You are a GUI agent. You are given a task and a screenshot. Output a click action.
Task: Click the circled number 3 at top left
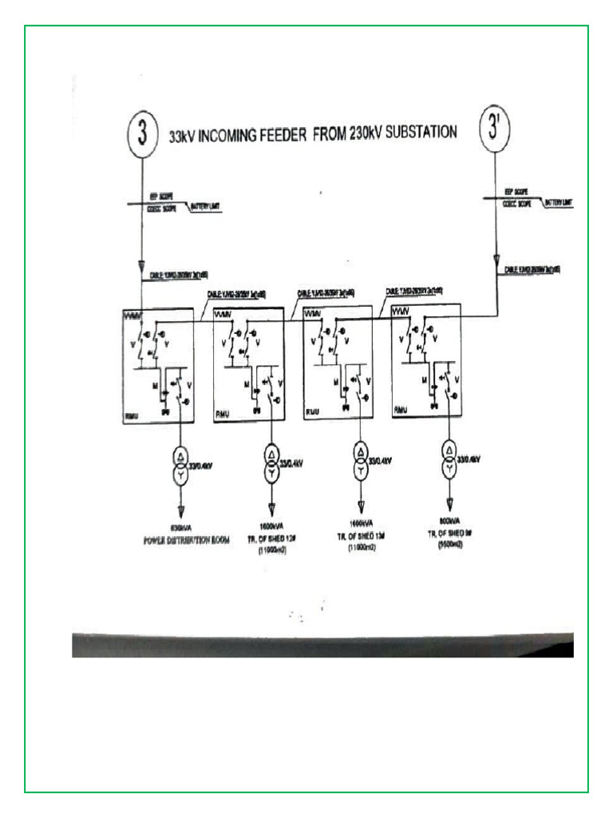[x=141, y=133]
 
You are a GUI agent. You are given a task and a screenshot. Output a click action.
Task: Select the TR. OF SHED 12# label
[x=272, y=539]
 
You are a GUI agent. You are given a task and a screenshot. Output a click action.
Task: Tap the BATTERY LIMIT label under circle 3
[x=205, y=207]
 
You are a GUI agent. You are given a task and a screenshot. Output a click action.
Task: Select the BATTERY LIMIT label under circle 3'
[x=559, y=203]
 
